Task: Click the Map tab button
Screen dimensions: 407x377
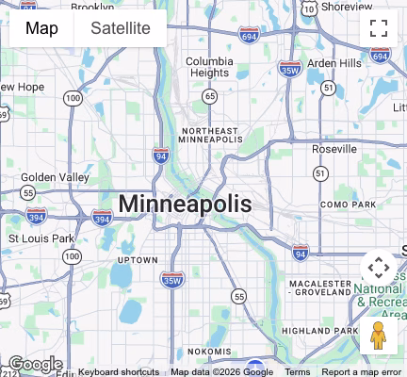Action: (41, 28)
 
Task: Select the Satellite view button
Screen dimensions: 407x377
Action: (121, 28)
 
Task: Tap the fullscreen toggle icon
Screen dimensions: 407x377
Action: (379, 28)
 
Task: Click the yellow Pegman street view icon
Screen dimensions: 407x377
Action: (379, 335)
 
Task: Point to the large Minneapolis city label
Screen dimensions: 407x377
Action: (185, 204)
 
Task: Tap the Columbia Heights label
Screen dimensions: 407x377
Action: (209, 67)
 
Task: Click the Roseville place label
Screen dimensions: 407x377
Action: (334, 149)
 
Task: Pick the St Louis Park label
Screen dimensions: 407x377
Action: (41, 238)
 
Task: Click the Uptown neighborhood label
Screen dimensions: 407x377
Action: (138, 259)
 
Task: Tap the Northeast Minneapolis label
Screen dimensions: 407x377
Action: (211, 135)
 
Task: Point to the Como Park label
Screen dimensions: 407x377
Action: (348, 205)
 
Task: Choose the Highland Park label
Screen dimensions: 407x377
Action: (319, 331)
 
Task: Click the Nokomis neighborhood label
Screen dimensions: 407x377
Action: (209, 351)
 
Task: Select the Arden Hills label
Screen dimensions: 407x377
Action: (334, 63)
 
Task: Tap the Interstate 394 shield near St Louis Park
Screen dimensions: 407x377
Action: (103, 219)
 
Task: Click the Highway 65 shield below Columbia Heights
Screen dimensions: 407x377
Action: (209, 96)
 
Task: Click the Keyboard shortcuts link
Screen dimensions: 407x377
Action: (119, 371)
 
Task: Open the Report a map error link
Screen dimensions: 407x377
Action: (361, 371)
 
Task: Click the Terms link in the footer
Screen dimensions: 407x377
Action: (298, 371)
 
